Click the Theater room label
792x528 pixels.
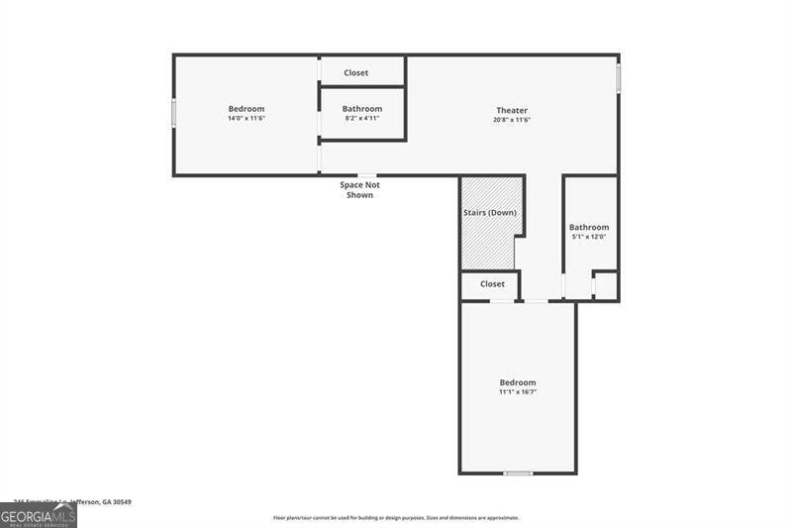512,110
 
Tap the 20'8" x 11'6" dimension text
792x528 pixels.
512,120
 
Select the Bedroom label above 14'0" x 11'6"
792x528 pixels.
247,109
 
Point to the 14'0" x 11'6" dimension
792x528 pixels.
247,119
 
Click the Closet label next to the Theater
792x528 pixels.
356,72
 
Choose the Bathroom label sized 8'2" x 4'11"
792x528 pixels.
362,108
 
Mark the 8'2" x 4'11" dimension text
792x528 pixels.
362,118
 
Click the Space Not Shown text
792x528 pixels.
359,190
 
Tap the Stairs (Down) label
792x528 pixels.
490,213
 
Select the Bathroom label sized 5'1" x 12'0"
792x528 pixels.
589,227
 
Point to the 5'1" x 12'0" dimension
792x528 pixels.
589,237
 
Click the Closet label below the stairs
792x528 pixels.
492,284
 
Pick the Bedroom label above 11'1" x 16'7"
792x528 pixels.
518,382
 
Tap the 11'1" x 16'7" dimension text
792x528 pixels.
518,392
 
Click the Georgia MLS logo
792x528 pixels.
39,516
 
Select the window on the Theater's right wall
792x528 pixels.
619,78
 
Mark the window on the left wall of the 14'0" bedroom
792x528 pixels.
174,113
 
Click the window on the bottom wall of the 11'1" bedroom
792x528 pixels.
518,474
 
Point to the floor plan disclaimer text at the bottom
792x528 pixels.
396,518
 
